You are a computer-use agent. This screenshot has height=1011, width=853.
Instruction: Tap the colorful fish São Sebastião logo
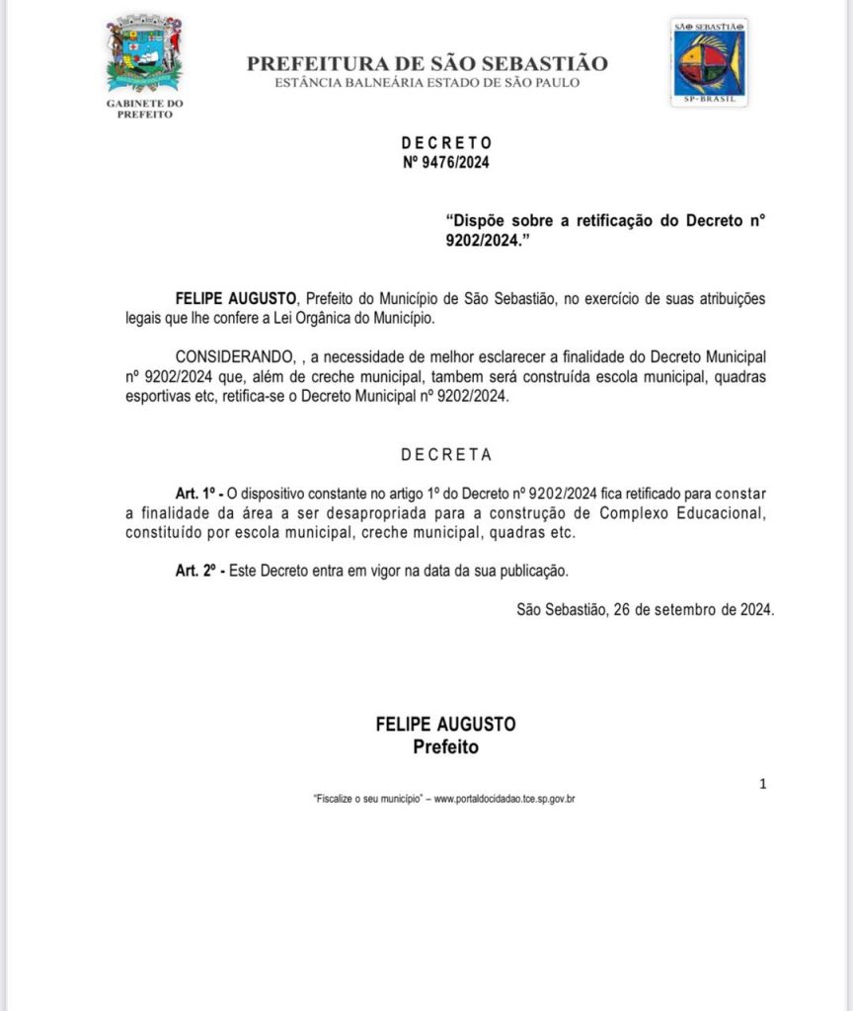click(708, 60)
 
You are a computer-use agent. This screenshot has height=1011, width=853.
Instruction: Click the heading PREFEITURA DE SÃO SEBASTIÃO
click(426, 64)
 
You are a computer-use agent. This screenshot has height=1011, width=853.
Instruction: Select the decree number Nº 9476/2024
click(445, 162)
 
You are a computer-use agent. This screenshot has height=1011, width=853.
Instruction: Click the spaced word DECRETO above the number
click(446, 143)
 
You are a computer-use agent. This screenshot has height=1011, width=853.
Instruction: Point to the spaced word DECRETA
click(446, 455)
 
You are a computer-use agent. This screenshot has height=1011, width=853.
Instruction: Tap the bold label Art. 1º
click(194, 492)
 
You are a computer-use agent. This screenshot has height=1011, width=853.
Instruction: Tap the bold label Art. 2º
click(194, 571)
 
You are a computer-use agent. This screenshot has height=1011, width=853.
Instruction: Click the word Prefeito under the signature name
click(445, 746)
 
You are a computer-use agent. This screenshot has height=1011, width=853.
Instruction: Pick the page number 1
click(762, 784)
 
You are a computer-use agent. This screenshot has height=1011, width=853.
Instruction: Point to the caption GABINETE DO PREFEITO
click(144, 109)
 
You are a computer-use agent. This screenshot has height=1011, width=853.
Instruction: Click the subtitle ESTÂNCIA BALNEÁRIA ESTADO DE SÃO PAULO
click(426, 83)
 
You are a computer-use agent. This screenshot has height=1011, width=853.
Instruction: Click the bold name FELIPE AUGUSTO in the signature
click(445, 724)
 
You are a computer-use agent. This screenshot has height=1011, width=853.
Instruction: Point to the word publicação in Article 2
click(531, 571)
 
